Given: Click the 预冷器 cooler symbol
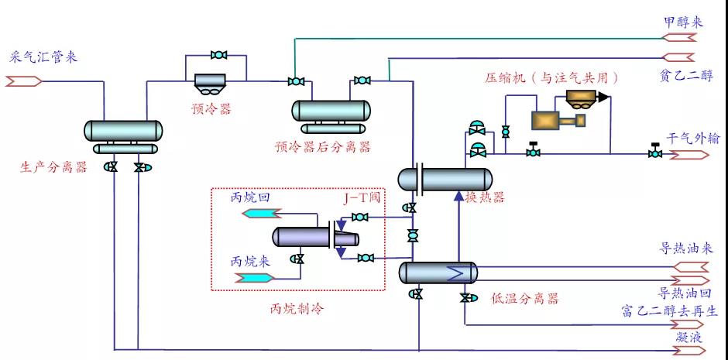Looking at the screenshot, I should [x=209, y=81].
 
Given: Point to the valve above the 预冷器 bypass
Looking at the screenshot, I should [x=218, y=55].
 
